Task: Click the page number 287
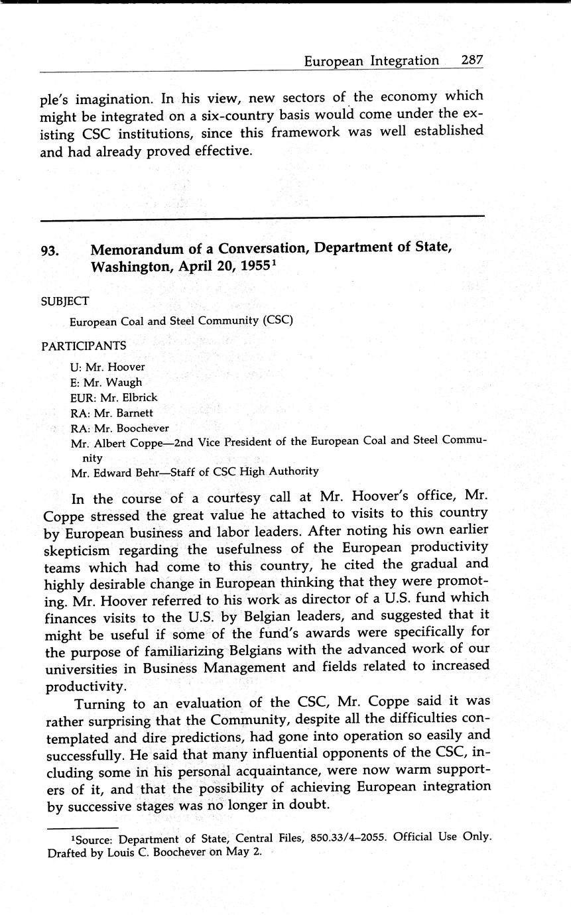[472, 60]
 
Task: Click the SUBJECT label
[65, 301]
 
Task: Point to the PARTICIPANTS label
[84, 345]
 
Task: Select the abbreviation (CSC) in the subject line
[277, 321]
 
